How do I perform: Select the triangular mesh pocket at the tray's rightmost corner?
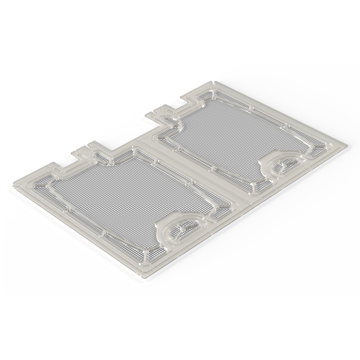(x=320, y=147)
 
